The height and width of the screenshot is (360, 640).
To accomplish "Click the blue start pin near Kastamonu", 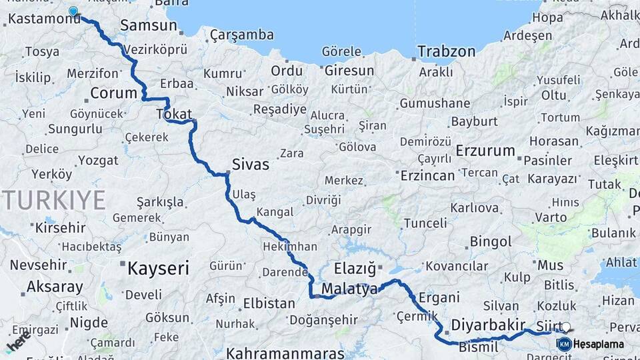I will [73, 11].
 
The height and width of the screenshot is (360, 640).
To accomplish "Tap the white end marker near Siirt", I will [566, 327].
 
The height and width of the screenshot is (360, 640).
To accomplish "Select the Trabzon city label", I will [446, 51].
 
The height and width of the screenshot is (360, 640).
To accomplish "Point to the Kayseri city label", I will [158, 269].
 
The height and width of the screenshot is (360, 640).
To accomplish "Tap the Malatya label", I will [349, 288].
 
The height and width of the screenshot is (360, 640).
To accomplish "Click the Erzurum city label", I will [485, 151].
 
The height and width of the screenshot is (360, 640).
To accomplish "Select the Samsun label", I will [148, 25].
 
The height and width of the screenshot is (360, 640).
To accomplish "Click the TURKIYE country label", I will [53, 199].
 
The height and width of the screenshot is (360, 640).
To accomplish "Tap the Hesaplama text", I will [598, 345].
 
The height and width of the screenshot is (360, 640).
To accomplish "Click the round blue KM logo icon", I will [564, 344].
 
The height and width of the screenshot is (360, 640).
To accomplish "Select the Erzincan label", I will [427, 176].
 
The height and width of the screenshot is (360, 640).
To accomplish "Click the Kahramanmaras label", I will [285, 353].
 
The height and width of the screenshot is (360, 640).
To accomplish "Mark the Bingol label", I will [491, 241].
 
